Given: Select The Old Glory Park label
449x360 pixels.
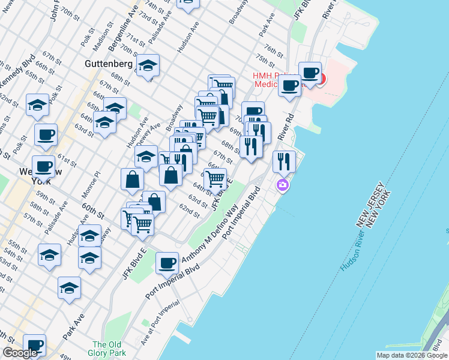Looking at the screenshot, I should (108, 348).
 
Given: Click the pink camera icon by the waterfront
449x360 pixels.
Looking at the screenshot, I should (283, 185).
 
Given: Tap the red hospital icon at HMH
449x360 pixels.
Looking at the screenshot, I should (321, 79).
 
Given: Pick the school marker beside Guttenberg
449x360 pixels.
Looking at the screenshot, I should (147, 66).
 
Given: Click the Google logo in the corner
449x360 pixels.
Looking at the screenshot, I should (20, 353).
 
